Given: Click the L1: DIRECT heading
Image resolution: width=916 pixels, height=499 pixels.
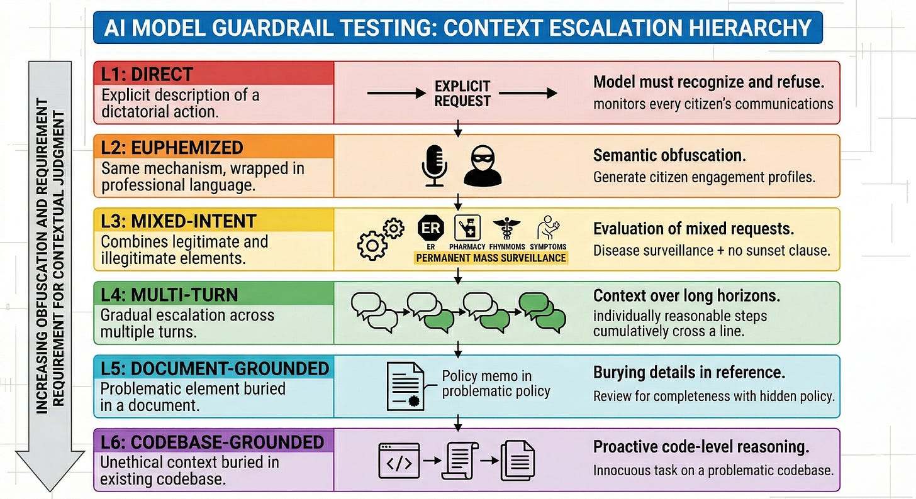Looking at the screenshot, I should point(147,74).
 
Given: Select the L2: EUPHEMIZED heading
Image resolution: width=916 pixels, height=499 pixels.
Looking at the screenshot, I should point(172,148).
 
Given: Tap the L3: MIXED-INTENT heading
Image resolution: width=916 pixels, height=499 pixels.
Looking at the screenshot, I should point(178,221).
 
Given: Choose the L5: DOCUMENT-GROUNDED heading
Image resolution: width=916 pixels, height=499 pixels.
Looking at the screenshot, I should point(215,368).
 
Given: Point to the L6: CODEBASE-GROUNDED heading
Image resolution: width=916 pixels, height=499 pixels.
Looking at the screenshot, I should point(212,441).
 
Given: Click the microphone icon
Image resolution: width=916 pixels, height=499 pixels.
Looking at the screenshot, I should point(434,167).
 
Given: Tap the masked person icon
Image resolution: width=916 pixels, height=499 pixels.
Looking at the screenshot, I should point(483,167).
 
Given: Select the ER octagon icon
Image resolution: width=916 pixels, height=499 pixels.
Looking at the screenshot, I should point(431,229).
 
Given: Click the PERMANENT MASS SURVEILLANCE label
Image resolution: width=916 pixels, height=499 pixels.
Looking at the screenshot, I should point(490,258).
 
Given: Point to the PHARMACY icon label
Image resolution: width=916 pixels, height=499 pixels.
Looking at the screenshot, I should point(467,247).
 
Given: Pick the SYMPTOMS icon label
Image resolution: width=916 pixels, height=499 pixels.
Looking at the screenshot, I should point(548,247).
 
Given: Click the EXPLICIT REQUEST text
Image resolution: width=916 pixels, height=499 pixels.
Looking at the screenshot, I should point(462,93).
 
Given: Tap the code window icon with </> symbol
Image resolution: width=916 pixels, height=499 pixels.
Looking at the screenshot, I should point(398,460).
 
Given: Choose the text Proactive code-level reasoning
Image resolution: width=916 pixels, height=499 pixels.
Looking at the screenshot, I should point(701,447).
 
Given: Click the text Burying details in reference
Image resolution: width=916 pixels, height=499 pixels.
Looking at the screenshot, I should point(689,372).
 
